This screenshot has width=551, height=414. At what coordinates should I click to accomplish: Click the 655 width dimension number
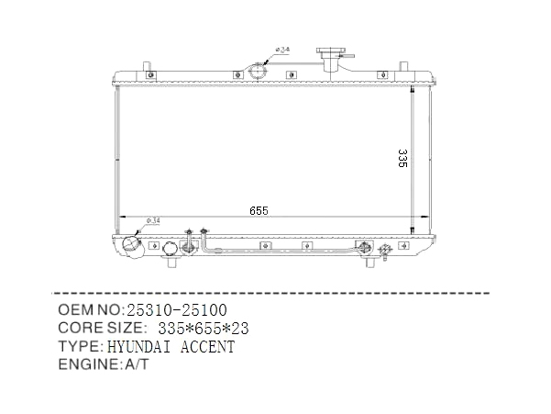(259, 211)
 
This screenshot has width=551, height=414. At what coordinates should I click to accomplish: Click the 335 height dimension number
(402, 158)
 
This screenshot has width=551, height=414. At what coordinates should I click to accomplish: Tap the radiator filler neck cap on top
(331, 52)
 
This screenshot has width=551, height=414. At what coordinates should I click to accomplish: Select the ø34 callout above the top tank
(282, 50)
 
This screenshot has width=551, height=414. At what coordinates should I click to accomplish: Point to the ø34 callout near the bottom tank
(153, 221)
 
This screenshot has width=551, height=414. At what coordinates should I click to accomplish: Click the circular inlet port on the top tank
(258, 72)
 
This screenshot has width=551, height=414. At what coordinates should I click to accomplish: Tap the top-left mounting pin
(147, 66)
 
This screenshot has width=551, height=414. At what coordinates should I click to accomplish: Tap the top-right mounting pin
(404, 66)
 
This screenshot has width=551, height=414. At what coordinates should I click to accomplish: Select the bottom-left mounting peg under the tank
(172, 262)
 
